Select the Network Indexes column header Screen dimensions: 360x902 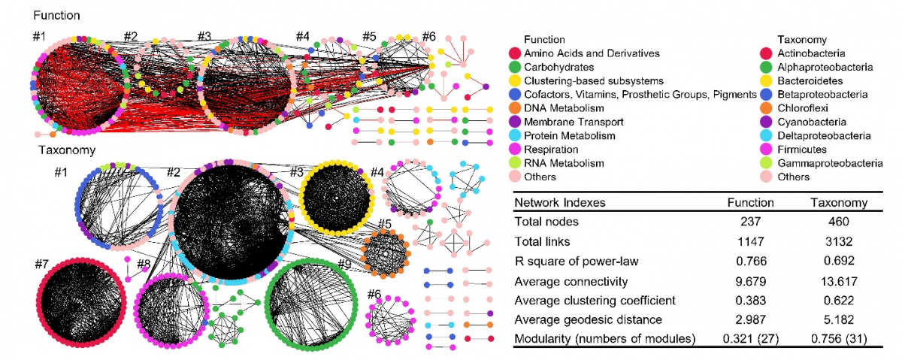[559, 202]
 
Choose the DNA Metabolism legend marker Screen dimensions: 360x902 [514, 108]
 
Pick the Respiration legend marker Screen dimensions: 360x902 [514, 149]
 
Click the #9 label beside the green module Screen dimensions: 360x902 [345, 264]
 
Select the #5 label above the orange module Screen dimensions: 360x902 [385, 223]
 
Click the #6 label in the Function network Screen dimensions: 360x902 [428, 36]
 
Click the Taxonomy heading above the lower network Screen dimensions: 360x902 [65, 150]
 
